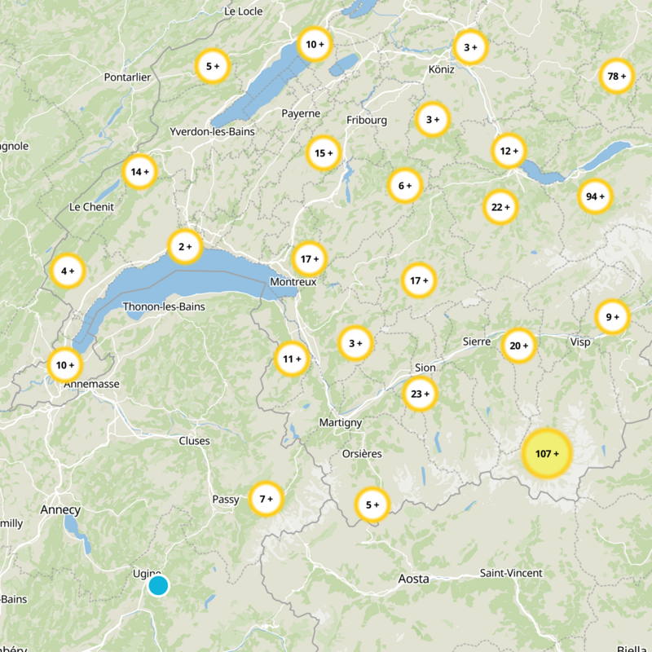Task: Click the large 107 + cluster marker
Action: [547, 453]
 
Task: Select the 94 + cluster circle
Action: [596, 196]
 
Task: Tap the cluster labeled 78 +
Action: [616, 77]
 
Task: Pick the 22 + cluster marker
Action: [500, 207]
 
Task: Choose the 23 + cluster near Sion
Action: [421, 394]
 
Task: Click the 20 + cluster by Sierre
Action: [519, 346]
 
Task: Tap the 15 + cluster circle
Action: [324, 153]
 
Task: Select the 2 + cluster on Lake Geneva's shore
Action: [185, 246]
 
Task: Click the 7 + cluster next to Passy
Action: [266, 499]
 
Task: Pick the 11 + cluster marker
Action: [292, 359]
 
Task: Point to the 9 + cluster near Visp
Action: [612, 317]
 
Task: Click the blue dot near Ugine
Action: [158, 586]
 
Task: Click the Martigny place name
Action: [340, 422]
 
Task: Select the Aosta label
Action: [413, 579]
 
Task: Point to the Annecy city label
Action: [60, 510]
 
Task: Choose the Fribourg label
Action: [367, 120]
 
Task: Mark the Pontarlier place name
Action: [128, 77]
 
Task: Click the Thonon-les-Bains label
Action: [164, 306]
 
